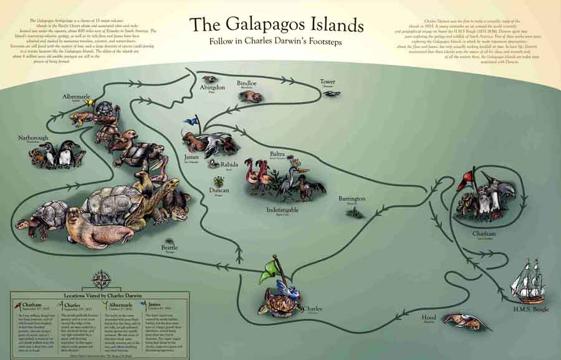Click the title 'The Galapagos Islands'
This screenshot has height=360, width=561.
(x=276, y=25)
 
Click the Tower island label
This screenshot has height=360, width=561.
(x=327, y=82)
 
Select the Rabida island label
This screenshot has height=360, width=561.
(x=228, y=165)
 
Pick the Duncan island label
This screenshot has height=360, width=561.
(x=219, y=191)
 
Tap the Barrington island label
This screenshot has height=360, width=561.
(x=352, y=199)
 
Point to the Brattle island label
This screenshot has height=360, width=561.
(x=169, y=248)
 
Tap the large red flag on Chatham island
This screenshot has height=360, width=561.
(x=480, y=179)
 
